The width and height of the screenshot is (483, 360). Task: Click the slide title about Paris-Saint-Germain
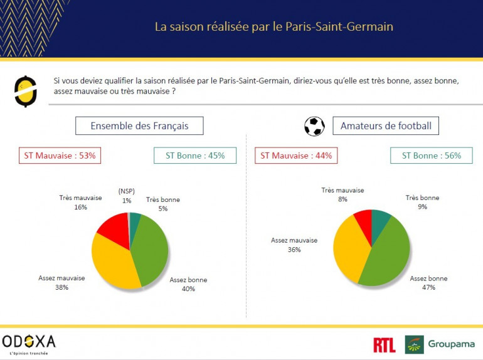point(274,28)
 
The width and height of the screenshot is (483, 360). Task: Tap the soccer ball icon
point(314,127)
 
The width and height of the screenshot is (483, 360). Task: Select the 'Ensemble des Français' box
point(139,126)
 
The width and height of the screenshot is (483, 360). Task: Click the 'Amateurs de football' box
point(386,126)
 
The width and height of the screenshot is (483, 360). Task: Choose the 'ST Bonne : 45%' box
point(195,156)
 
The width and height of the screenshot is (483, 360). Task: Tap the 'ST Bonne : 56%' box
point(431,156)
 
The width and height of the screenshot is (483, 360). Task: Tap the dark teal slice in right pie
point(380,219)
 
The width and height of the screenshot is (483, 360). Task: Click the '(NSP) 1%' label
point(127,195)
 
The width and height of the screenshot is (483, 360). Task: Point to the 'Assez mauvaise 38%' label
point(61,282)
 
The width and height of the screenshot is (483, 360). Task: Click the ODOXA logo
point(29,342)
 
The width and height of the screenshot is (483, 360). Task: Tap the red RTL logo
point(384,345)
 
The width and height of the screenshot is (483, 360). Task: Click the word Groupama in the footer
point(451,344)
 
